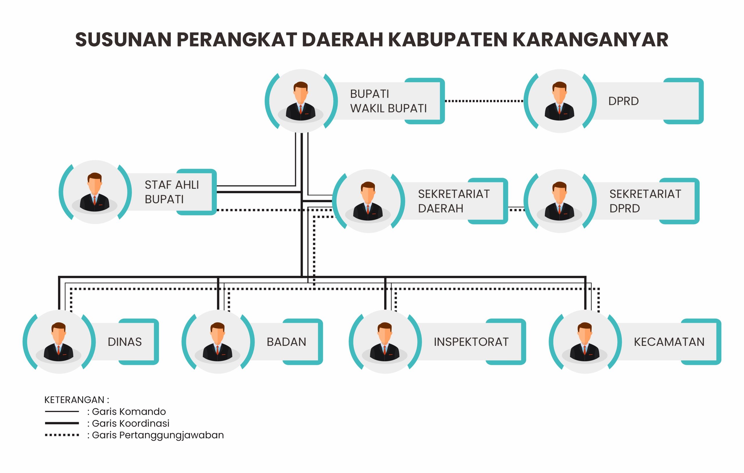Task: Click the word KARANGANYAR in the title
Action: pos(591,39)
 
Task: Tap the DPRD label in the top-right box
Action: pos(623,101)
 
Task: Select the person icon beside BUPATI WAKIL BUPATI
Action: pos(301,101)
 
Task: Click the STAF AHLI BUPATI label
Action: pos(172,192)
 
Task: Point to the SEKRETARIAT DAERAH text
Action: pos(454,201)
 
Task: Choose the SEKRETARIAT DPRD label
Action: pos(645,201)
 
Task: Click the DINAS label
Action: pos(124,342)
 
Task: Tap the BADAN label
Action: pos(287,342)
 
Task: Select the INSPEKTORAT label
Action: pos(471,342)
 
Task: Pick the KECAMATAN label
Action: pos(669,342)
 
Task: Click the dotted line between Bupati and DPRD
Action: pos(484,101)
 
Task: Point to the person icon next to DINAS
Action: pos(59,342)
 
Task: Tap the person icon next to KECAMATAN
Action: pos(585,342)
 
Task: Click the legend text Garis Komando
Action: pos(129,411)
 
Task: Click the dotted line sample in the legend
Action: pos(62,435)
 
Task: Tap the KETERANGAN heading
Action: pos(77,400)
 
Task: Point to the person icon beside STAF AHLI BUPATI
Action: pos(94,192)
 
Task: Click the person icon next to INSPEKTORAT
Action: pos(385,342)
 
